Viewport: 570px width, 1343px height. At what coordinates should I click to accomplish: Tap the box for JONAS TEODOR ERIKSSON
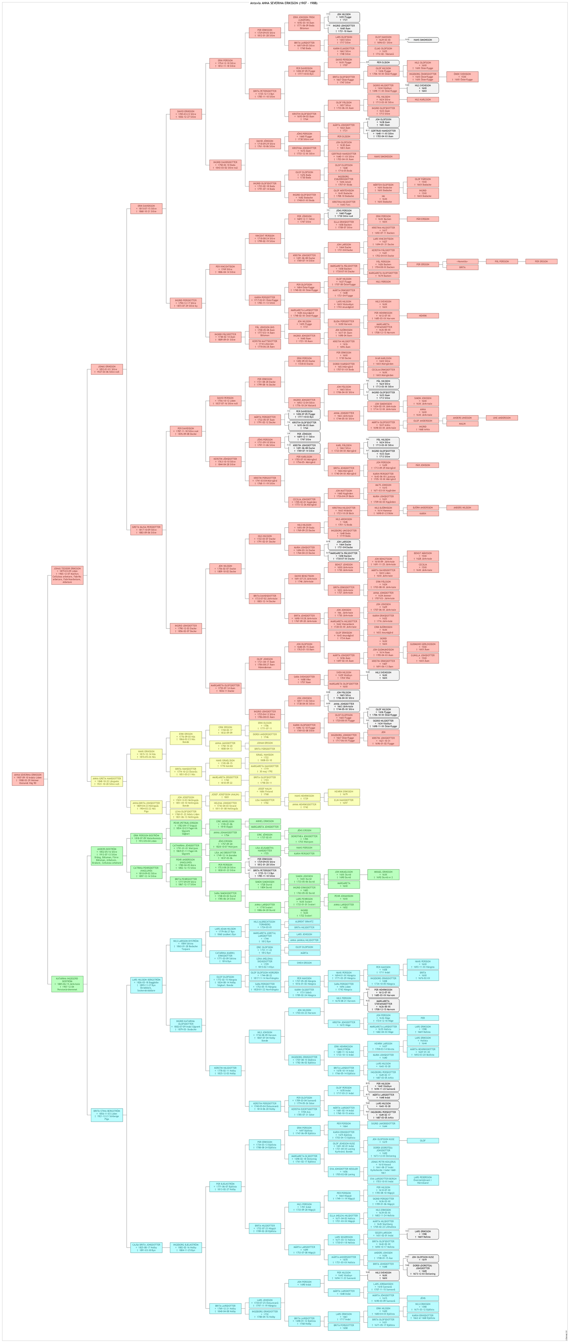tap(67, 575)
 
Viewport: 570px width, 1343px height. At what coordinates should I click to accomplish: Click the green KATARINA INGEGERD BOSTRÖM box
tap(67, 984)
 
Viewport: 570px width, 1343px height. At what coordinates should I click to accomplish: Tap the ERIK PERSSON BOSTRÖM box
tap(146, 838)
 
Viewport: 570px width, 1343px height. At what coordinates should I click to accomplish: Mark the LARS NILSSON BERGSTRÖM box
tap(146, 985)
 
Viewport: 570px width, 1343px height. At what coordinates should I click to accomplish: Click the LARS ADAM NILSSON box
tap(225, 931)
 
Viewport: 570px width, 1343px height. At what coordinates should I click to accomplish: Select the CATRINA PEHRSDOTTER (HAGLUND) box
tap(146, 872)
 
